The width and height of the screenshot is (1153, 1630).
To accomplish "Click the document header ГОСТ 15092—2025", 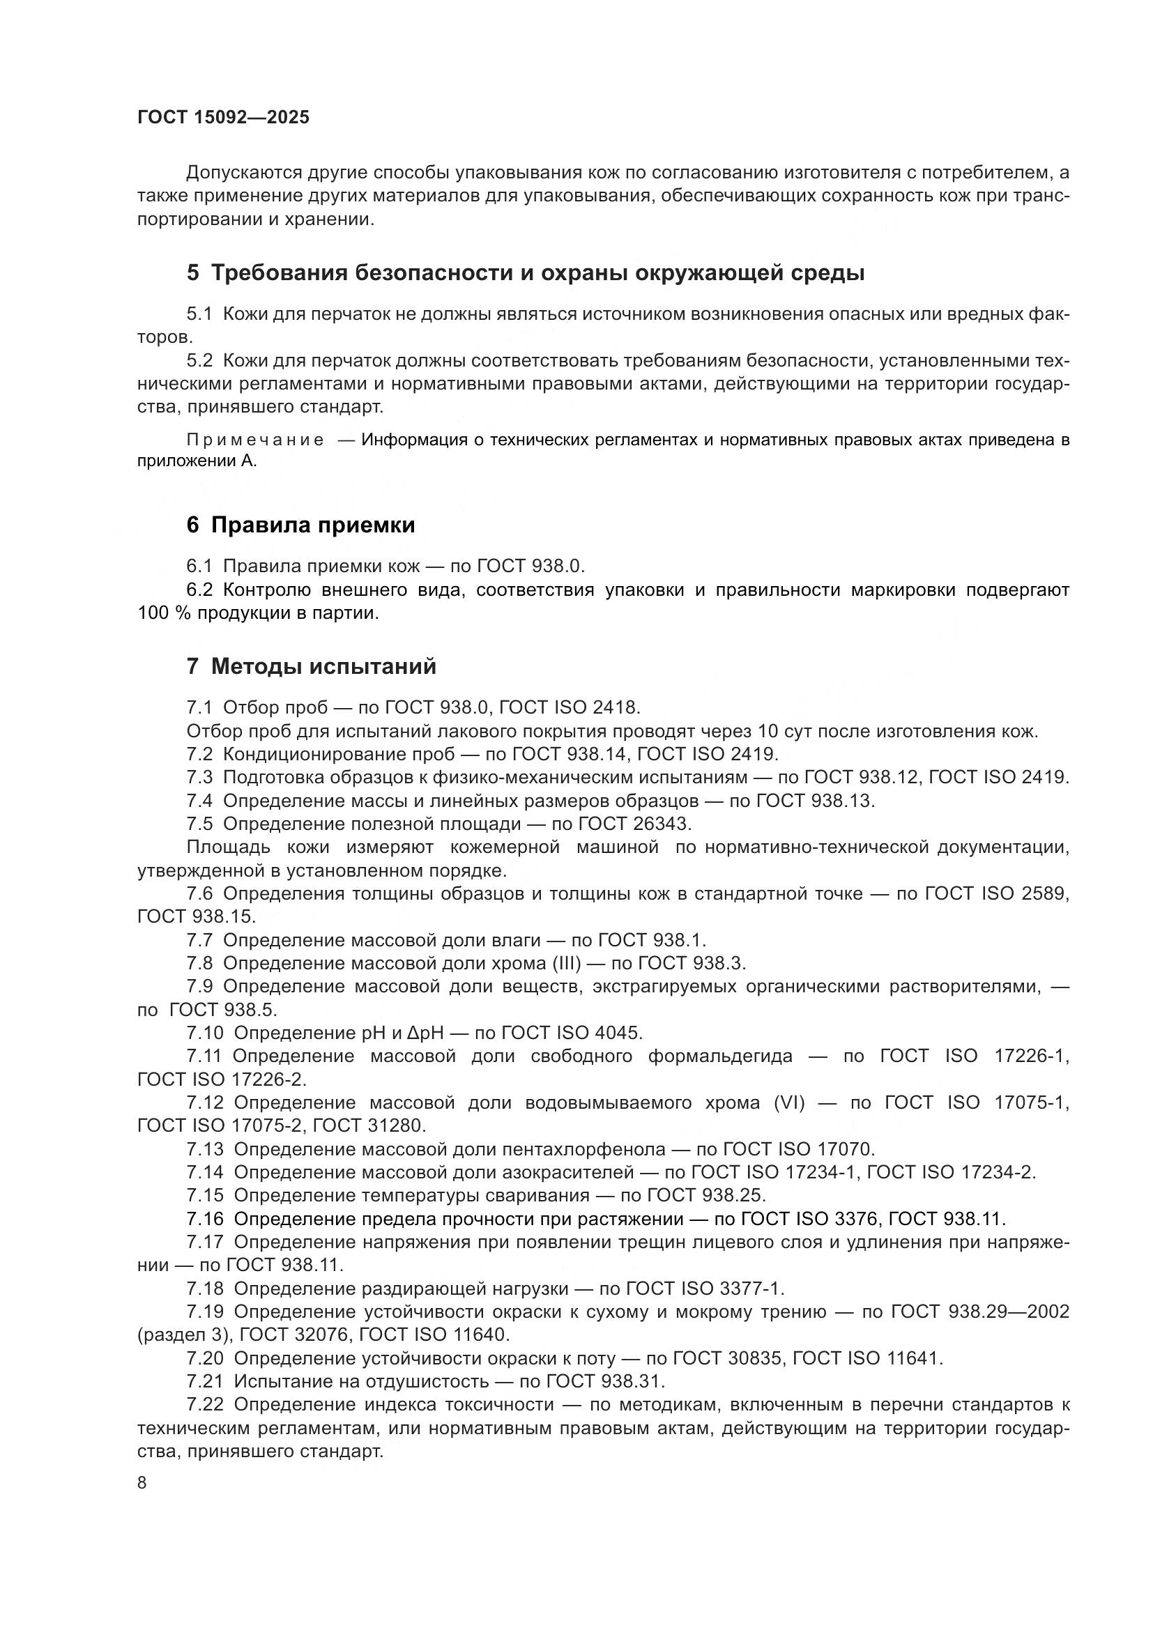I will (223, 117).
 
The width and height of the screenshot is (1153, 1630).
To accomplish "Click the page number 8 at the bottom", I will (142, 1482).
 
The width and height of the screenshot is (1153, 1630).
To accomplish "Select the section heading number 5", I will (192, 272).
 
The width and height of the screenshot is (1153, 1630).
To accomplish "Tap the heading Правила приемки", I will (312, 525).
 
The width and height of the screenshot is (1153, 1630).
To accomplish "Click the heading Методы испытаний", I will (323, 666).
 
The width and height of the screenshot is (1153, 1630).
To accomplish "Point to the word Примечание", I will (255, 440).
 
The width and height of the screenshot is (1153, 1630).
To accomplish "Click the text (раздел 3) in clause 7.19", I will (184, 1335).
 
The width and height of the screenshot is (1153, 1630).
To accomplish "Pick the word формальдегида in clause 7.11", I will (720, 1056).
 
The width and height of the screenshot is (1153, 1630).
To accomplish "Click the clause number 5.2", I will (199, 361).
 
